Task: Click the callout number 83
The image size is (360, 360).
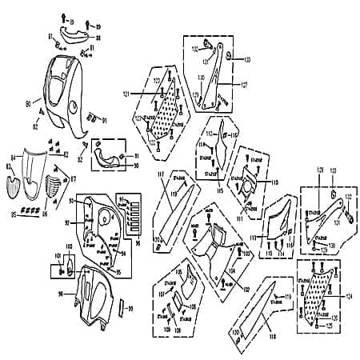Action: [x=10, y=166]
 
